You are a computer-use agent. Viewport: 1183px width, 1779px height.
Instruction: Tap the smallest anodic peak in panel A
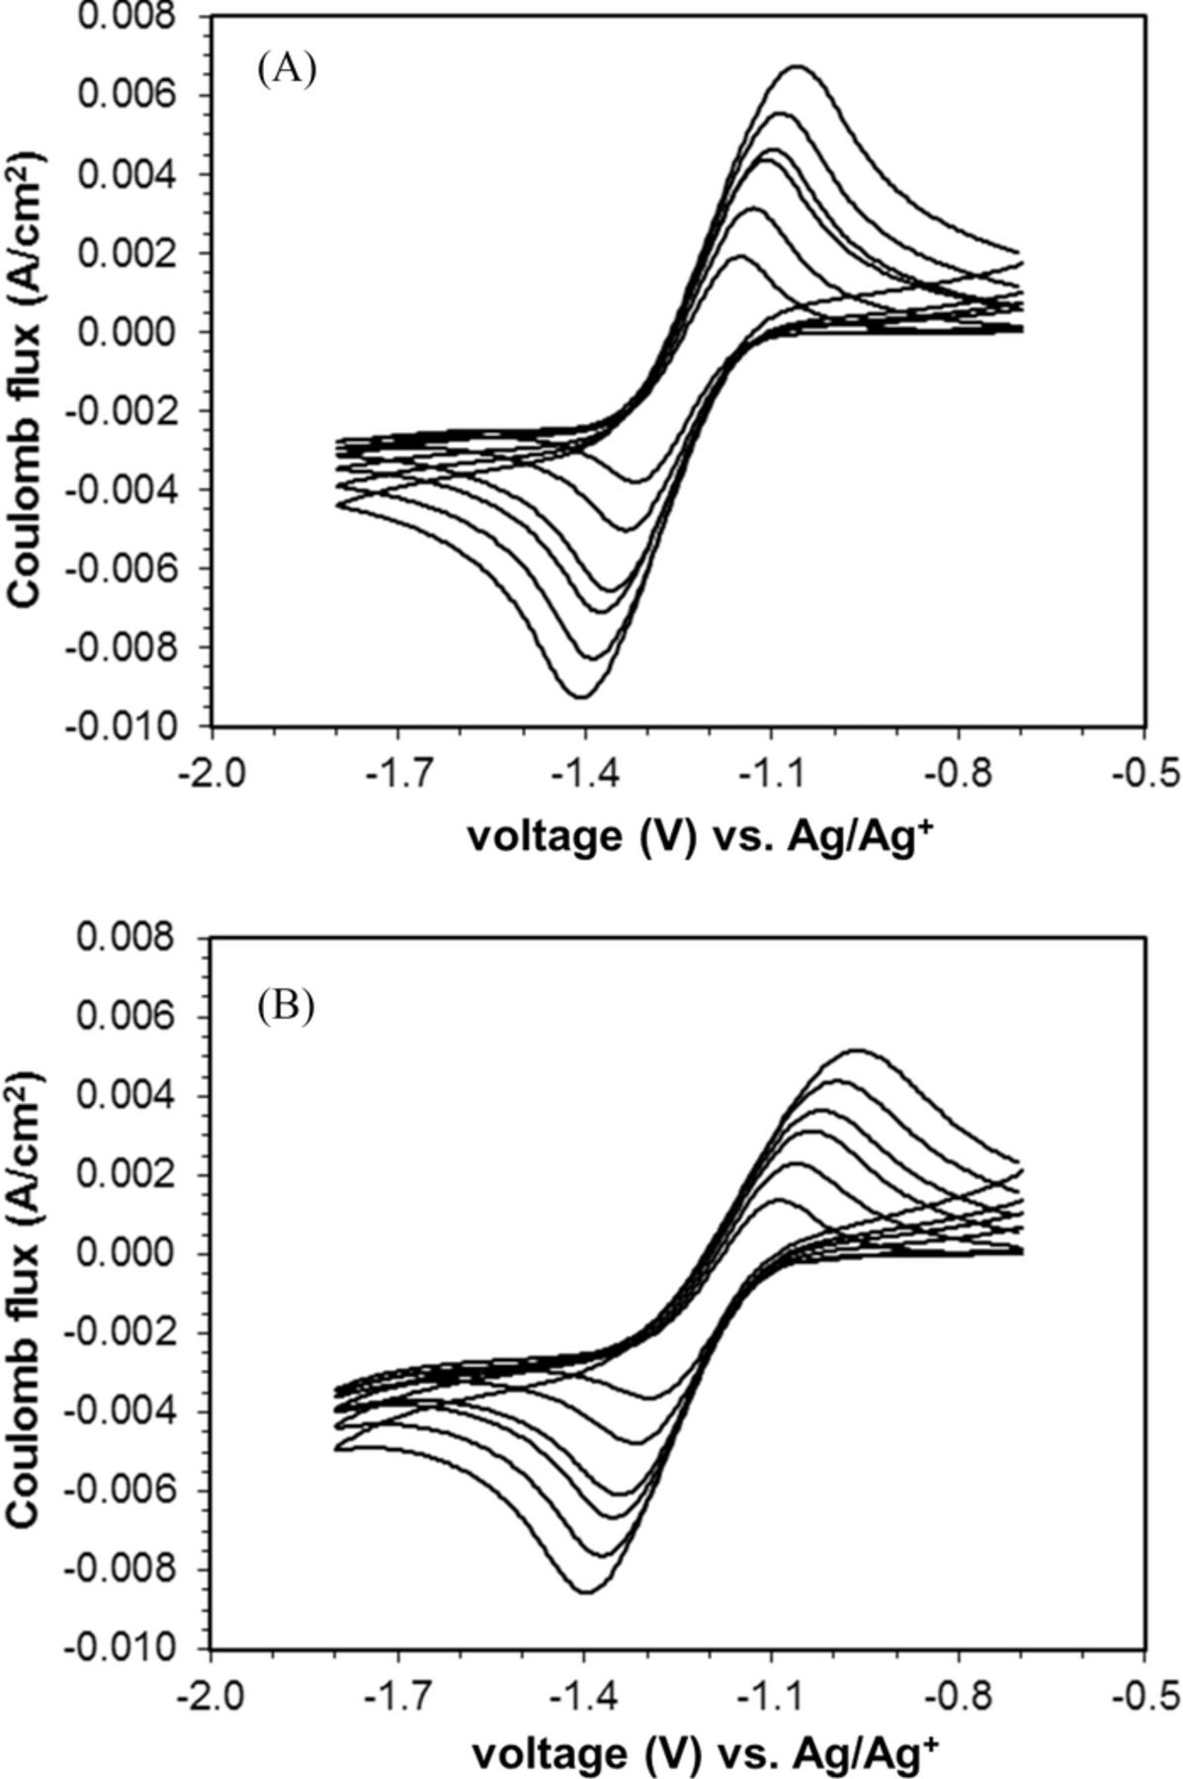[x=740, y=257]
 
